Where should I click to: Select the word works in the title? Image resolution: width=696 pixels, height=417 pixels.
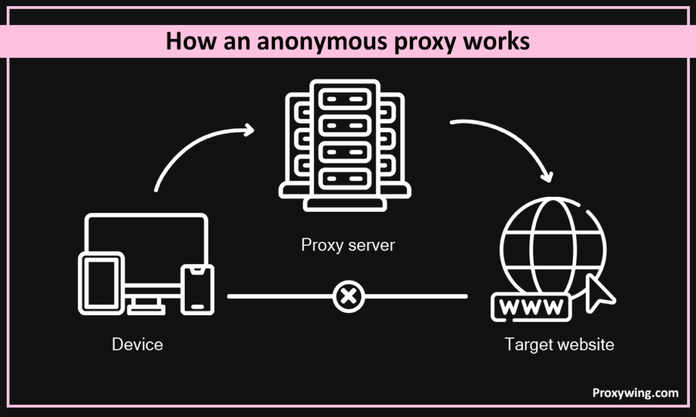[x=492, y=41]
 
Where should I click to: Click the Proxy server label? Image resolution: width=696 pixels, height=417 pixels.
[x=348, y=244]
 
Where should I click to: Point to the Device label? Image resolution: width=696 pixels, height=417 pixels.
[x=137, y=344]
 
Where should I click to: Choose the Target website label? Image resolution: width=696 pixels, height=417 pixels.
[x=559, y=344]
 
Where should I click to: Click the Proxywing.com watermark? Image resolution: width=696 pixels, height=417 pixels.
[x=635, y=393]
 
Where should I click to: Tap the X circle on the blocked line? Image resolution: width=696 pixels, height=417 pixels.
[x=349, y=296]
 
